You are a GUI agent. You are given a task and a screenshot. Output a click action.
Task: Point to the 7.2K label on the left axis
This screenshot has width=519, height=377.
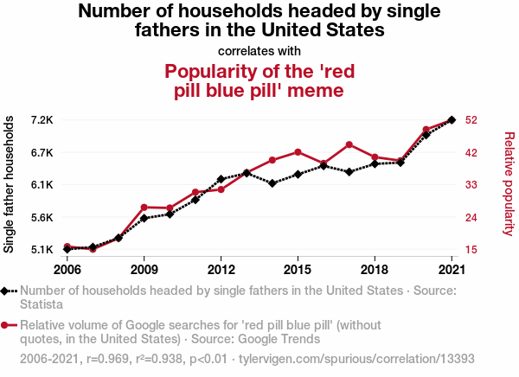pyautogui.click(x=42, y=119)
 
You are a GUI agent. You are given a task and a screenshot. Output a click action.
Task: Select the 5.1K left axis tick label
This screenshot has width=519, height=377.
pyautogui.click(x=42, y=250)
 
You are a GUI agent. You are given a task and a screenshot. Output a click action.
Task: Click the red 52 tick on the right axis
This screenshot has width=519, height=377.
pyautogui.click(x=472, y=119)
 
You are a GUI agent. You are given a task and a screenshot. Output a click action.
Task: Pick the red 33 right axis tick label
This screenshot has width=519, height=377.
pyautogui.click(x=472, y=185)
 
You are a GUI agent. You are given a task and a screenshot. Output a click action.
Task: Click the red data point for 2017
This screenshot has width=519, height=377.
pyautogui.click(x=349, y=144)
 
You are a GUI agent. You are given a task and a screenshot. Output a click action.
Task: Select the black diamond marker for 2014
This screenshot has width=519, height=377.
pyautogui.click(x=272, y=183)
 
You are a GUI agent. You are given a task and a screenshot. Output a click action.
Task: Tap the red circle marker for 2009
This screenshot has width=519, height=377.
pyautogui.click(x=144, y=208)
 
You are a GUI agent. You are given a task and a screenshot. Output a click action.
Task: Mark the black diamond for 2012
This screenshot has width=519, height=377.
pyautogui.click(x=221, y=179)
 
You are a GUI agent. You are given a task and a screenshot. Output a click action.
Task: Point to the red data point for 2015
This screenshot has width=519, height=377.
pyautogui.click(x=298, y=152)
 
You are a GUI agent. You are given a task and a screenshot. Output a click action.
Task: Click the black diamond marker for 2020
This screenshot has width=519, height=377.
pyautogui.click(x=426, y=135)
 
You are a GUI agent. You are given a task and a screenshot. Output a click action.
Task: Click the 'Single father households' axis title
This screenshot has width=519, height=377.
pyautogui.click(x=10, y=185)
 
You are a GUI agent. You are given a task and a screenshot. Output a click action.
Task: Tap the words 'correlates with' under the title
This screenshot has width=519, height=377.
pyautogui.click(x=259, y=50)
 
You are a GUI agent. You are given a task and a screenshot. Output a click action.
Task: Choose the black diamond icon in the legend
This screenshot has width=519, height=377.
pyautogui.click(x=7, y=291)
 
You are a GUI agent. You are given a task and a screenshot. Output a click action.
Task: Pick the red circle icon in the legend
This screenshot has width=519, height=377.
pyautogui.click(x=7, y=325)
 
